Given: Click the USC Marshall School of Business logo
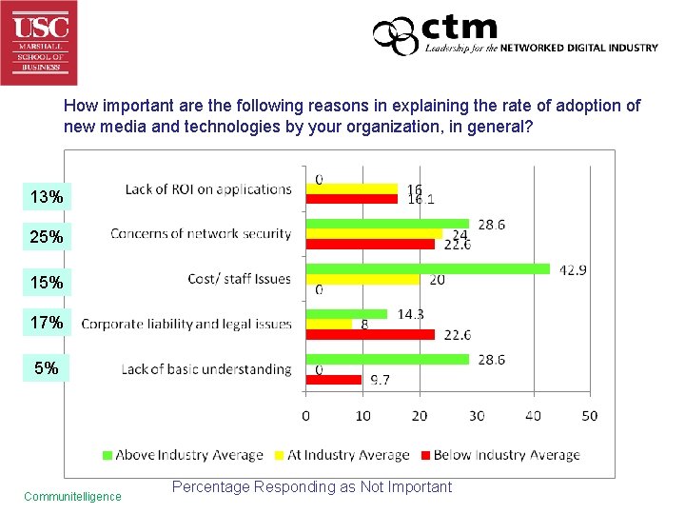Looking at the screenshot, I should [x=39, y=42].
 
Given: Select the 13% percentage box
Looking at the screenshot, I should [x=47, y=197].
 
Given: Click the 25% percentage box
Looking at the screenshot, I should [x=47, y=236].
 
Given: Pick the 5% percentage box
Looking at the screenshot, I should [x=47, y=367].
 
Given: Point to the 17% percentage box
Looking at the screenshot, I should [x=47, y=323].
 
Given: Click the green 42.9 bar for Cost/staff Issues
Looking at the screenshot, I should [x=427, y=268].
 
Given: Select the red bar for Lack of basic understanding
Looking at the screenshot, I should [x=333, y=380].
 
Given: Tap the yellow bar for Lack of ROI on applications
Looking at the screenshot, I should [x=351, y=188].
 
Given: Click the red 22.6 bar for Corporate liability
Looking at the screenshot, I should [x=370, y=334].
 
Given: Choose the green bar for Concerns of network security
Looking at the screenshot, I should [x=387, y=224].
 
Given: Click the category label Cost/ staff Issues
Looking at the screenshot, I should [x=239, y=279].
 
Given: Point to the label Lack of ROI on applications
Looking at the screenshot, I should [x=207, y=189].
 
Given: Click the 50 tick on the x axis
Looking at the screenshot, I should [x=589, y=415].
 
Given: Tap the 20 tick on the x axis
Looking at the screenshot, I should [x=420, y=415].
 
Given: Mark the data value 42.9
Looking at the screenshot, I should [x=572, y=270].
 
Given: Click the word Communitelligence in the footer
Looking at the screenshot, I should [x=72, y=496].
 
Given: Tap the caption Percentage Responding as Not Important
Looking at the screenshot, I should [x=312, y=487].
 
